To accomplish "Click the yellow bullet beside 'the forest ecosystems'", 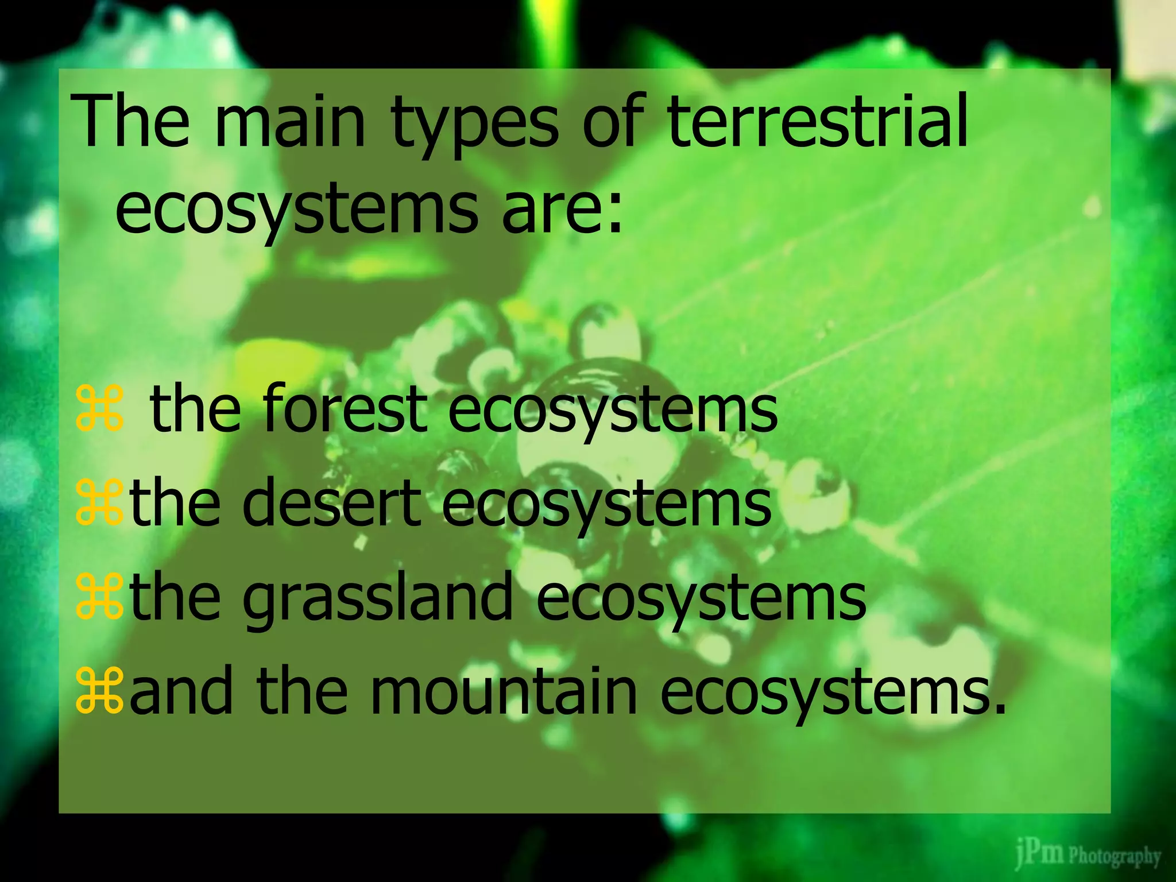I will (x=99, y=409).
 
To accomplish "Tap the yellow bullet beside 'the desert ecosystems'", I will (x=99, y=504).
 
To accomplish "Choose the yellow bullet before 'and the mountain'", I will (x=99, y=693).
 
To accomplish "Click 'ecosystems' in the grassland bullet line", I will (x=701, y=599).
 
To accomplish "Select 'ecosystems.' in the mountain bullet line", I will (x=833, y=694).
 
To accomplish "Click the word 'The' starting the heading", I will (x=130, y=122).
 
